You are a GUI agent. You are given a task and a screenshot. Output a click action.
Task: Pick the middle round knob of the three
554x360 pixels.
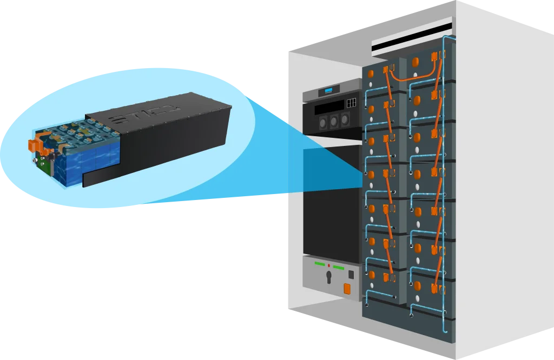pos(334,121)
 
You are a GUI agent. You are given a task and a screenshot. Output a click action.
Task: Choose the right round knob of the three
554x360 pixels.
pos(345,120)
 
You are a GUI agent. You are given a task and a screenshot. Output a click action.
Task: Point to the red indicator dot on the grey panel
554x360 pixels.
pos(329,266)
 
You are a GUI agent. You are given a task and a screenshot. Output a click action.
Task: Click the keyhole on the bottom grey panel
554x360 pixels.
pos(328,277)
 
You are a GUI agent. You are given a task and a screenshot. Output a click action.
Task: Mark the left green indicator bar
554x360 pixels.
pos(319,265)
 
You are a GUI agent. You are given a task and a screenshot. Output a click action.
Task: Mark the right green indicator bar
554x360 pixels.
pos(339,268)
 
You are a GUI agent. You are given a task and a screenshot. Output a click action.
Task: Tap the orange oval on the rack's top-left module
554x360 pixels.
pos(371,72)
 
